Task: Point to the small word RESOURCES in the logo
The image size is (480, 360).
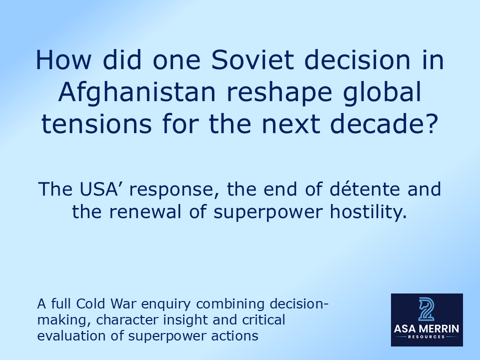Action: click(426, 337)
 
